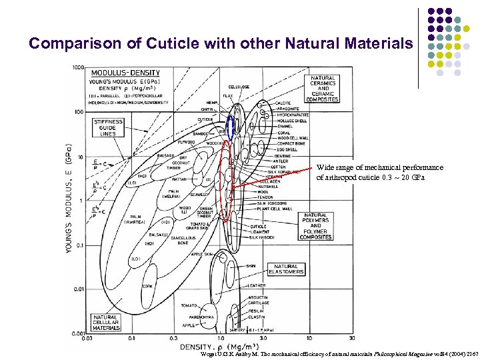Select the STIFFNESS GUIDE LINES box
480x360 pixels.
pos(109,128)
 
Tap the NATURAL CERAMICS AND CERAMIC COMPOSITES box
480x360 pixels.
pos(323,89)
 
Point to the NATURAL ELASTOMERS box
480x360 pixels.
pos(286,269)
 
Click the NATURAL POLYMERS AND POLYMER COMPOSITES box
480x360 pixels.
pos(315,227)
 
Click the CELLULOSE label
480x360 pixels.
pos(239,87)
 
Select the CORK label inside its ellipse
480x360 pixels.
pos(147,286)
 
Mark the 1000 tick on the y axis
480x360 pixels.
pos(79,67)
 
